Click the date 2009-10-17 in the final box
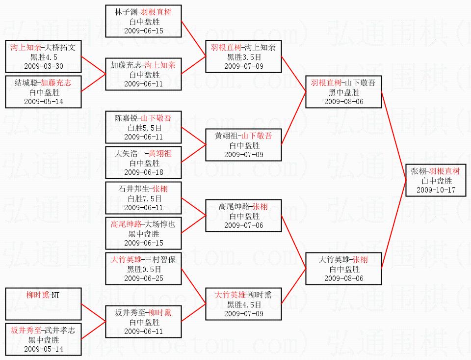click(436, 190)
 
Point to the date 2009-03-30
click(44, 66)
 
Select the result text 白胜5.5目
click(144, 128)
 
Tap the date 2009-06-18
click(144, 172)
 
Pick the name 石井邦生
click(134, 189)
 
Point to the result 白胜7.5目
click(144, 198)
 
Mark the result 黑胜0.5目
click(144, 269)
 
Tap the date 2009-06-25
click(144, 278)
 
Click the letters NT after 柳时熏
click(55, 295)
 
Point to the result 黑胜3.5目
click(244, 57)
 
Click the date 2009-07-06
click(244, 225)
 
